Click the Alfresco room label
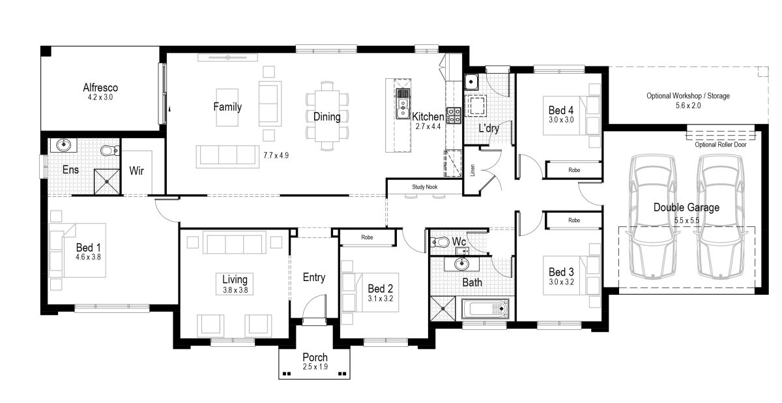[x=100, y=87]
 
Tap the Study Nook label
[x=424, y=187]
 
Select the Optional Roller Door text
[x=721, y=145]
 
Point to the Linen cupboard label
[x=472, y=170]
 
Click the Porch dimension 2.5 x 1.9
[x=315, y=366]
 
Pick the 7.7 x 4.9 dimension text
[x=276, y=155]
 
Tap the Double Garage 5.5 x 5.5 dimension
[x=687, y=220]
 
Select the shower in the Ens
[x=107, y=181]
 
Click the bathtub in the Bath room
[x=485, y=308]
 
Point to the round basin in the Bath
[x=462, y=263]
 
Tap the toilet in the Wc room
[x=439, y=242]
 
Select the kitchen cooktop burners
[x=454, y=116]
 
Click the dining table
[x=327, y=116]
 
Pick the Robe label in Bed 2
[x=367, y=237]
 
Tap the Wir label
[x=136, y=171]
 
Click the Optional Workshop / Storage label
[x=688, y=96]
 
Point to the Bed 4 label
[x=561, y=110]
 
